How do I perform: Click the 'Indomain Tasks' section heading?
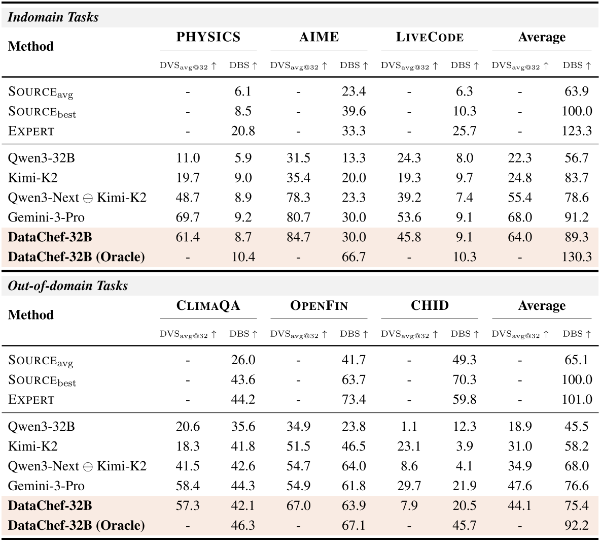pyautogui.click(x=53, y=17)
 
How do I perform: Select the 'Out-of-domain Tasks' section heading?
pyautogui.click(x=68, y=286)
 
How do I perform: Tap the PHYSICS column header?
pyautogui.click(x=208, y=37)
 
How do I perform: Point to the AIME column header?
pyautogui.click(x=319, y=37)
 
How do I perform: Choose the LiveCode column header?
pyautogui.click(x=429, y=37)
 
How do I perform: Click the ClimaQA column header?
pyautogui.click(x=208, y=306)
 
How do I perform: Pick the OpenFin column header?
pyautogui.click(x=319, y=306)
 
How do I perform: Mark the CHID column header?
pyautogui.click(x=429, y=306)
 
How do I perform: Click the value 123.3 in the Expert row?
pyautogui.click(x=577, y=131)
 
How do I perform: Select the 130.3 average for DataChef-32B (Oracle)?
pyautogui.click(x=577, y=257)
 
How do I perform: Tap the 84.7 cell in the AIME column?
pyautogui.click(x=298, y=237)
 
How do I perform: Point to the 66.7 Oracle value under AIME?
pyautogui.click(x=354, y=257)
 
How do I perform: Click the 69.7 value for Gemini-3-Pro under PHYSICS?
pyautogui.click(x=188, y=217)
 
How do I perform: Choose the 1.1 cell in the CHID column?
pyautogui.click(x=409, y=427)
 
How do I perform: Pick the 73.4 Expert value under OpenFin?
pyautogui.click(x=354, y=400)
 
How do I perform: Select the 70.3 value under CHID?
pyautogui.click(x=464, y=380)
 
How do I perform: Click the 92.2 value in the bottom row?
pyautogui.click(x=577, y=525)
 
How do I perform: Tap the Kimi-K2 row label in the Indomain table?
pyautogui.click(x=33, y=178)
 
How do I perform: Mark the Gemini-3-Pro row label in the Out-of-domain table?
pyautogui.click(x=46, y=486)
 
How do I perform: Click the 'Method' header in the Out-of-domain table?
pyautogui.click(x=30, y=315)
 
